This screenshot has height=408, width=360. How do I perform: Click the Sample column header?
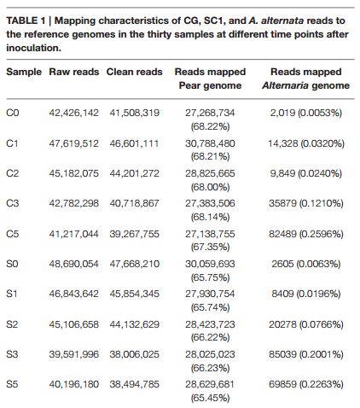pos(24,72)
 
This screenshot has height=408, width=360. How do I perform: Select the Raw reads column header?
pos(74,72)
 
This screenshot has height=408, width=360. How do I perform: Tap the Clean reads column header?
pos(134,72)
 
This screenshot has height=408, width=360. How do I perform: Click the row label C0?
pos(13,113)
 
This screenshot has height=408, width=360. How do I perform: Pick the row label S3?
pos(12,354)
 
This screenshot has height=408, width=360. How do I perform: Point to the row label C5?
pos(13,234)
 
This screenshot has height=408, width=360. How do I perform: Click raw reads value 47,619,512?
pos(74,143)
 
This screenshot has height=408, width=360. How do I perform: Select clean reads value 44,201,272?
pos(135,173)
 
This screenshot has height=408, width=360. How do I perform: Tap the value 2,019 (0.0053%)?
pos(306,113)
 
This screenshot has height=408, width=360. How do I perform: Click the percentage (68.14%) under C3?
pos(210,217)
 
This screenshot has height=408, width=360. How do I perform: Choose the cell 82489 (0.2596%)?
pos(306,234)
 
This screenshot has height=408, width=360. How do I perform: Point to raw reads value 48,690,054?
pos(74,264)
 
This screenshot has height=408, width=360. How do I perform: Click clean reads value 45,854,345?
pos(135,294)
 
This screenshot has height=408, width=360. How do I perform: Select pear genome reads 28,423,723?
pos(210,324)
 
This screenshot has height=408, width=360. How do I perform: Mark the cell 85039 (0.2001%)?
pos(306,354)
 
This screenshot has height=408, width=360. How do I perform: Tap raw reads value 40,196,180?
pos(74,384)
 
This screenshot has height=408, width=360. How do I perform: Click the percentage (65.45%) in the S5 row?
pos(210,398)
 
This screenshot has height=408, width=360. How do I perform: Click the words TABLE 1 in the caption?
pos(26,20)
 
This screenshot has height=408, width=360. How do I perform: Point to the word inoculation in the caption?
pos(33,48)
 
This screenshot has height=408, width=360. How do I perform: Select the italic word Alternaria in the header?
pos(283,85)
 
